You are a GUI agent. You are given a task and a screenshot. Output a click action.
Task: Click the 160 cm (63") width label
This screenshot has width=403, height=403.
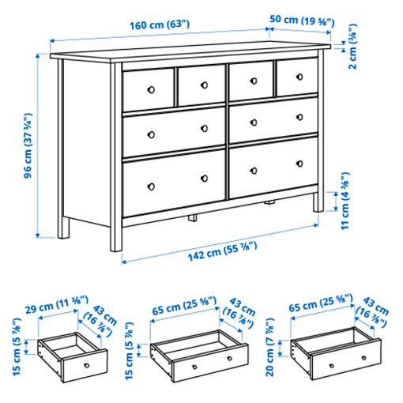coord(160,24)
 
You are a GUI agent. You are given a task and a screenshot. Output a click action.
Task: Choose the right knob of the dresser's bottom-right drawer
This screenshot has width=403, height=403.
coord(299,164)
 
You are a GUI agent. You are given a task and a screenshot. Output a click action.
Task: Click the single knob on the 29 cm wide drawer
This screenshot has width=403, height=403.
coord(85,367)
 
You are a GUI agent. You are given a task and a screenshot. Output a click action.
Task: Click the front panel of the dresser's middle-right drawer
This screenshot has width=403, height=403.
coord(270,122)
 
